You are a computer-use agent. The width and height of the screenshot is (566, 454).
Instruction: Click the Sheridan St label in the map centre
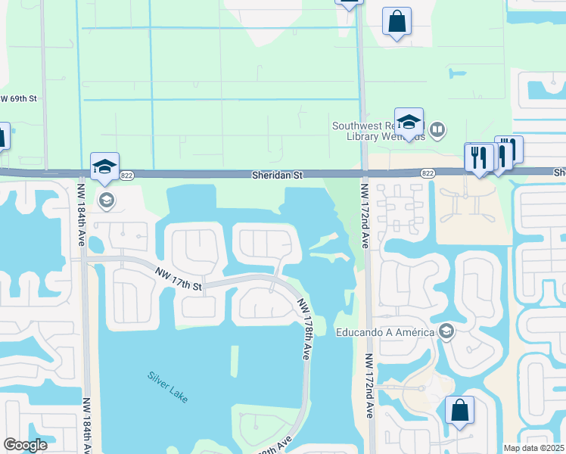(278, 175)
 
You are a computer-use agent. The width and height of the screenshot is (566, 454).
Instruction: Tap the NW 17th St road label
(179, 278)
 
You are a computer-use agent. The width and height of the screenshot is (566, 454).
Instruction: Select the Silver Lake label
(167, 386)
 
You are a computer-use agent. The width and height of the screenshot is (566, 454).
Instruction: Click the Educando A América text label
(385, 331)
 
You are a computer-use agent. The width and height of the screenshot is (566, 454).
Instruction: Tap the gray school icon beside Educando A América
(447, 331)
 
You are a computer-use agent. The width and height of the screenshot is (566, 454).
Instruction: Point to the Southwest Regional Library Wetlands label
(378, 132)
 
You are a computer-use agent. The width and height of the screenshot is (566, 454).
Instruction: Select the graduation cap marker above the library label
(409, 122)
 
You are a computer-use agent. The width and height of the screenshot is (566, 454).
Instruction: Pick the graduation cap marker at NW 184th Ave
(104, 167)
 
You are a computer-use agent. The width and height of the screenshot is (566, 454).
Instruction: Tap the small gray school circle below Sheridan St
(106, 200)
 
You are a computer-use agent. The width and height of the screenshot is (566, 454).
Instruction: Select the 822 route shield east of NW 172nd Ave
(428, 173)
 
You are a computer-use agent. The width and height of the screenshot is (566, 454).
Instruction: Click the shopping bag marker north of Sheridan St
(397, 22)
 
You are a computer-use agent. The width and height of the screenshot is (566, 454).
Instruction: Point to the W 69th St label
(19, 99)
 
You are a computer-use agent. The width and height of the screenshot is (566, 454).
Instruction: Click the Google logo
(25, 445)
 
